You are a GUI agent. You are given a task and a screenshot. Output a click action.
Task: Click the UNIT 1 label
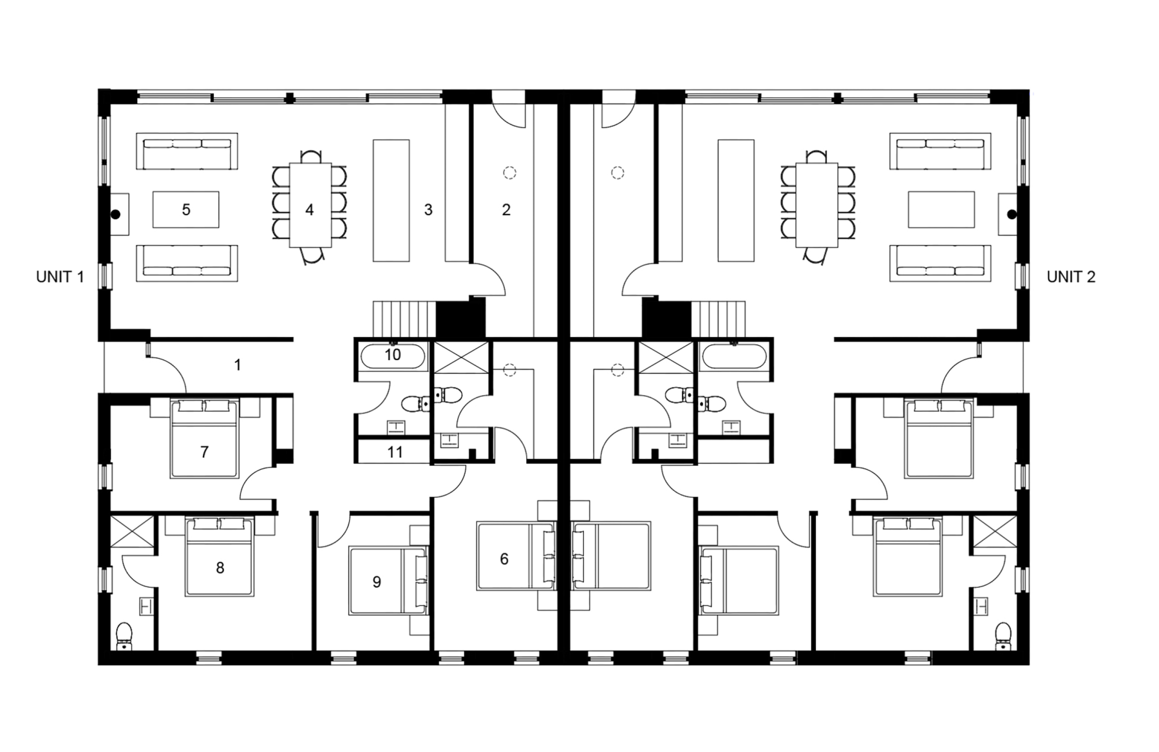point(60,277)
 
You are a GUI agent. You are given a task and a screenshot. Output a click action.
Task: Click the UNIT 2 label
point(1071,277)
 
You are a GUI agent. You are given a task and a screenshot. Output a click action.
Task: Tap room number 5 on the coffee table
point(186,209)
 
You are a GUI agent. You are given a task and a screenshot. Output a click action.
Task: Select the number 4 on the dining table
point(310,210)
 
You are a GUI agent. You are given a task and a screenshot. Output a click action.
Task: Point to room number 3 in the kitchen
point(428,210)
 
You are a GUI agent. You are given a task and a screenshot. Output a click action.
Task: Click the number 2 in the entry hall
point(506,210)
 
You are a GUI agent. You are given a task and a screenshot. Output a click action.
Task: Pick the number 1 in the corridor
point(238,365)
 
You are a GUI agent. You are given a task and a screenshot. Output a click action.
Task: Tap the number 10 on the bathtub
point(393,354)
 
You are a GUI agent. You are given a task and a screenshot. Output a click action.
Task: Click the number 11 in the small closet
point(395,452)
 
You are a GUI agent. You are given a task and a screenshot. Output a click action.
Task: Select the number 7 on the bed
point(204,452)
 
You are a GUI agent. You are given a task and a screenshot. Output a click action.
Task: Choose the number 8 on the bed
point(220,568)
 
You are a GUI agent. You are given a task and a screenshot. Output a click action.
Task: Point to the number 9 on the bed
point(377,583)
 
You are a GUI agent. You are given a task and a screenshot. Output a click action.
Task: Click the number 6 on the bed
point(504,559)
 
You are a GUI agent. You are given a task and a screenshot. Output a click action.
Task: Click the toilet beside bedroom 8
point(124,635)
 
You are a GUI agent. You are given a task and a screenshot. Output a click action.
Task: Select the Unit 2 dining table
point(817,206)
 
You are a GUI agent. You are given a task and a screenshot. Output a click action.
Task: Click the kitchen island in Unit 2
point(736,200)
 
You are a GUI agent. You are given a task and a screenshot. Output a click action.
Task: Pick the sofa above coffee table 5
point(187,152)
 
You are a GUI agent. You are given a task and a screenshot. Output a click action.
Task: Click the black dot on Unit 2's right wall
point(1012,214)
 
